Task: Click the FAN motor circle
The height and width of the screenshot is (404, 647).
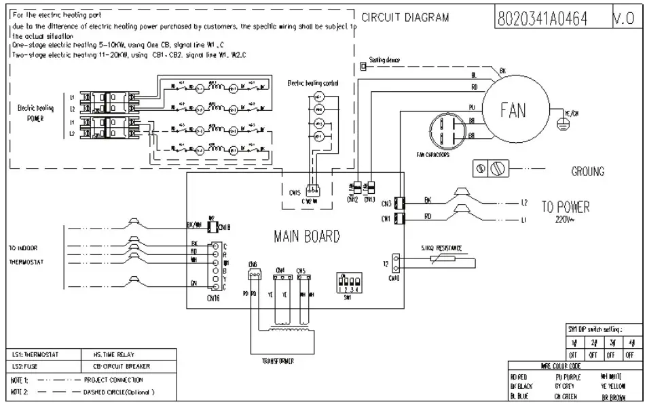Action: pos(513,110)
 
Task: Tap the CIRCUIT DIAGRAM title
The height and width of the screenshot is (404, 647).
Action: pos(405,18)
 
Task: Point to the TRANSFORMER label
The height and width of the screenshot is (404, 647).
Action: pos(278,361)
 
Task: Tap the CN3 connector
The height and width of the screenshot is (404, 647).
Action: pos(400,202)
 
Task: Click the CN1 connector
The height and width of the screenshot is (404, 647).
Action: pos(400,218)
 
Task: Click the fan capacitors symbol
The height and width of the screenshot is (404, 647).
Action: pos(445,130)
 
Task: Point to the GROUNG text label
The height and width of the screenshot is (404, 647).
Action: pos(587,171)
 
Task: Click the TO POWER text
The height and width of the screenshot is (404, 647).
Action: pos(565,207)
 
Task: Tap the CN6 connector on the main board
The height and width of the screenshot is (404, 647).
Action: pos(255,275)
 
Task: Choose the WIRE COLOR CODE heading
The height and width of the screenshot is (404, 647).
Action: pos(560,365)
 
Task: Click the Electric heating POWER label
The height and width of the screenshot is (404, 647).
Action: pos(35,112)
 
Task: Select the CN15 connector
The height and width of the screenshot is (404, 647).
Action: pos(312,191)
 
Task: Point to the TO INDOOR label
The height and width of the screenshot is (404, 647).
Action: pos(25,248)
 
